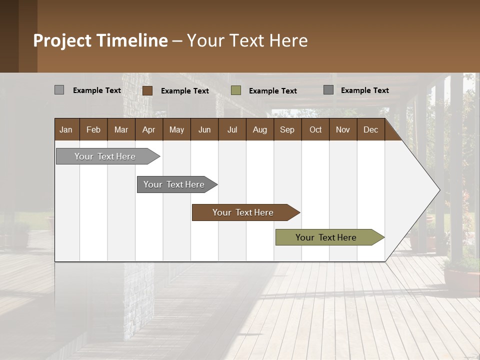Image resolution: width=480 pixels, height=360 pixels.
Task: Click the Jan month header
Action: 66,129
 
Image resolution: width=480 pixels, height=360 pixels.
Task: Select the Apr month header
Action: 148,129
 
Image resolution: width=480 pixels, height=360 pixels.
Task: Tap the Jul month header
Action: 232,129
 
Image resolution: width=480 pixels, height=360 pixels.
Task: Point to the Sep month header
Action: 287,129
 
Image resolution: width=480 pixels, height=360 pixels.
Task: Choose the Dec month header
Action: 370,129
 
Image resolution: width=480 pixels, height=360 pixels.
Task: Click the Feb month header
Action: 93,129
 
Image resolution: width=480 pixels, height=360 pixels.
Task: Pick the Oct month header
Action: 315,129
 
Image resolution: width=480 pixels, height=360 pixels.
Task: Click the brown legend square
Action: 147,90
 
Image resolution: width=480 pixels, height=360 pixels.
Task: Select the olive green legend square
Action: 236,90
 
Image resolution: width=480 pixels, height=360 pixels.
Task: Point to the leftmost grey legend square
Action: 59,90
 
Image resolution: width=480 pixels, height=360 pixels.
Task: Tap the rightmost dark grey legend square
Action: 328,90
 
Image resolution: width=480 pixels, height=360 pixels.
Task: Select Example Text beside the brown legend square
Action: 185,91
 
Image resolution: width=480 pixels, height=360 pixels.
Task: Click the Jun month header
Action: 204,129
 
